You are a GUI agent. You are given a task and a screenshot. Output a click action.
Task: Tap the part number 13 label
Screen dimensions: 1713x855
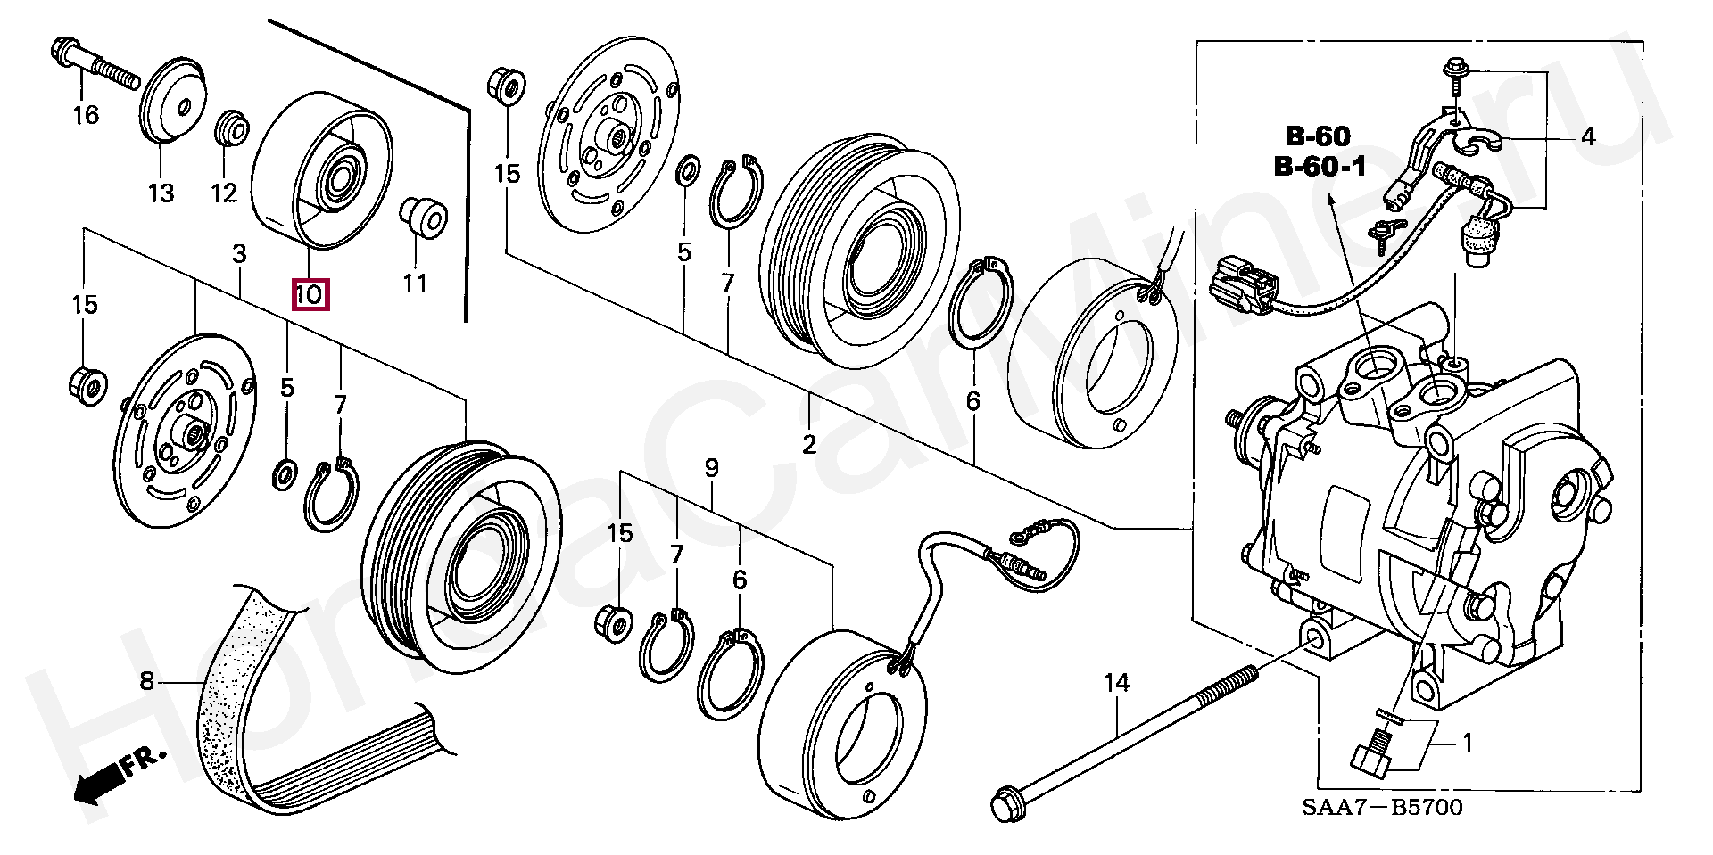tap(161, 193)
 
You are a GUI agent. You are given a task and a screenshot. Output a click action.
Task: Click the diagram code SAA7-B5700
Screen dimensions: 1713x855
tap(1382, 808)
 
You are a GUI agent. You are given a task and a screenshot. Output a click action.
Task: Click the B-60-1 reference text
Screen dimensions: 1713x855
tap(1320, 166)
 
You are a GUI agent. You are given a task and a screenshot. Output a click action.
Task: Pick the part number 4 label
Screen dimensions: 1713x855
tap(1587, 137)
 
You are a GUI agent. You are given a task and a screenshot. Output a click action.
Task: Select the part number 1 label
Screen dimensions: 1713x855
tap(1467, 743)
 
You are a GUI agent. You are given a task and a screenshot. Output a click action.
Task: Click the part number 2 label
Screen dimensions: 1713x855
tap(809, 444)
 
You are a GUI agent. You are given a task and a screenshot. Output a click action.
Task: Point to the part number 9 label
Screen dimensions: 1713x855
tap(711, 467)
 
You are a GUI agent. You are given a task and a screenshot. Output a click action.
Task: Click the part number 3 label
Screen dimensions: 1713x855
tap(239, 254)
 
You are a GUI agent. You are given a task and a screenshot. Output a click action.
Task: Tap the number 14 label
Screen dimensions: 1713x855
tap(1117, 684)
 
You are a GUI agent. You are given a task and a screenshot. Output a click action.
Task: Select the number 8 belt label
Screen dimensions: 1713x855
tap(147, 682)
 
